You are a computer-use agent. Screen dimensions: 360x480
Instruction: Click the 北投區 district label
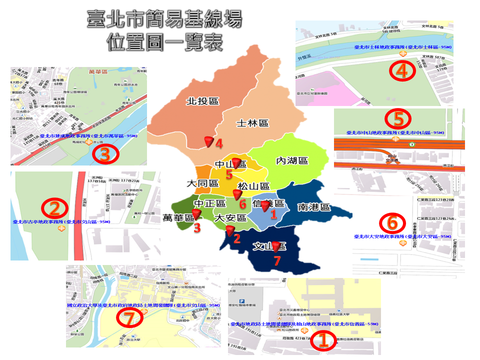tap(202, 101)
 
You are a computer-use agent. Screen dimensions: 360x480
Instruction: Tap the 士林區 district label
tap(252, 123)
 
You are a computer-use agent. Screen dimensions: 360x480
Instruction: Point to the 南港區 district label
tap(313, 207)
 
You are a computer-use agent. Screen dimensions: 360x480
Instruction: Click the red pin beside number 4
tap(209, 142)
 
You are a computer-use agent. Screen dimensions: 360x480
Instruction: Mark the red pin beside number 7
tap(274, 246)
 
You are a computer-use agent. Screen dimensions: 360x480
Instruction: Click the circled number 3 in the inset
tap(104, 154)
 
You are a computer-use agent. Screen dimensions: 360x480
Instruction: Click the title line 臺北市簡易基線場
tap(164, 20)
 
